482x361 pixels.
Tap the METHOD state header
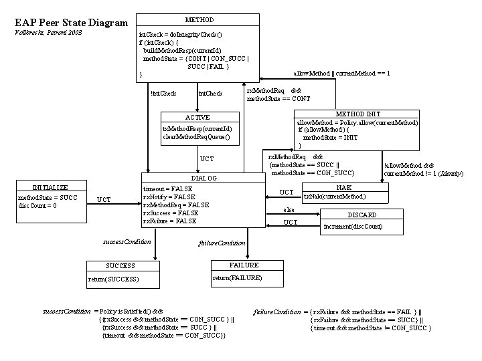(x=199, y=19)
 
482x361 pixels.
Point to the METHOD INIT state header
(x=358, y=114)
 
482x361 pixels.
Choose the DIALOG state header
(x=204, y=178)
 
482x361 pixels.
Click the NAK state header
(x=344, y=188)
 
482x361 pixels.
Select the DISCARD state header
(x=362, y=215)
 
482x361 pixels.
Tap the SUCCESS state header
(x=120, y=265)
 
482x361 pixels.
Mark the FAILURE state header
(x=244, y=265)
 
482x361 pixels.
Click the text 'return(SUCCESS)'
(x=114, y=279)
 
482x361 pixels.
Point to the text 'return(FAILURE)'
(x=237, y=277)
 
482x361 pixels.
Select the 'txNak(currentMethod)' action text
(x=335, y=197)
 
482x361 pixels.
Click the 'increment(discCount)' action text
(x=353, y=227)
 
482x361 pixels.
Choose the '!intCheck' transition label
(x=163, y=93)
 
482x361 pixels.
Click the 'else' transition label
(x=289, y=209)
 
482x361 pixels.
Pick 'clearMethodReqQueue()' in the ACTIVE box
(x=195, y=137)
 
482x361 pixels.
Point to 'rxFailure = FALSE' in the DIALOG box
(x=170, y=221)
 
